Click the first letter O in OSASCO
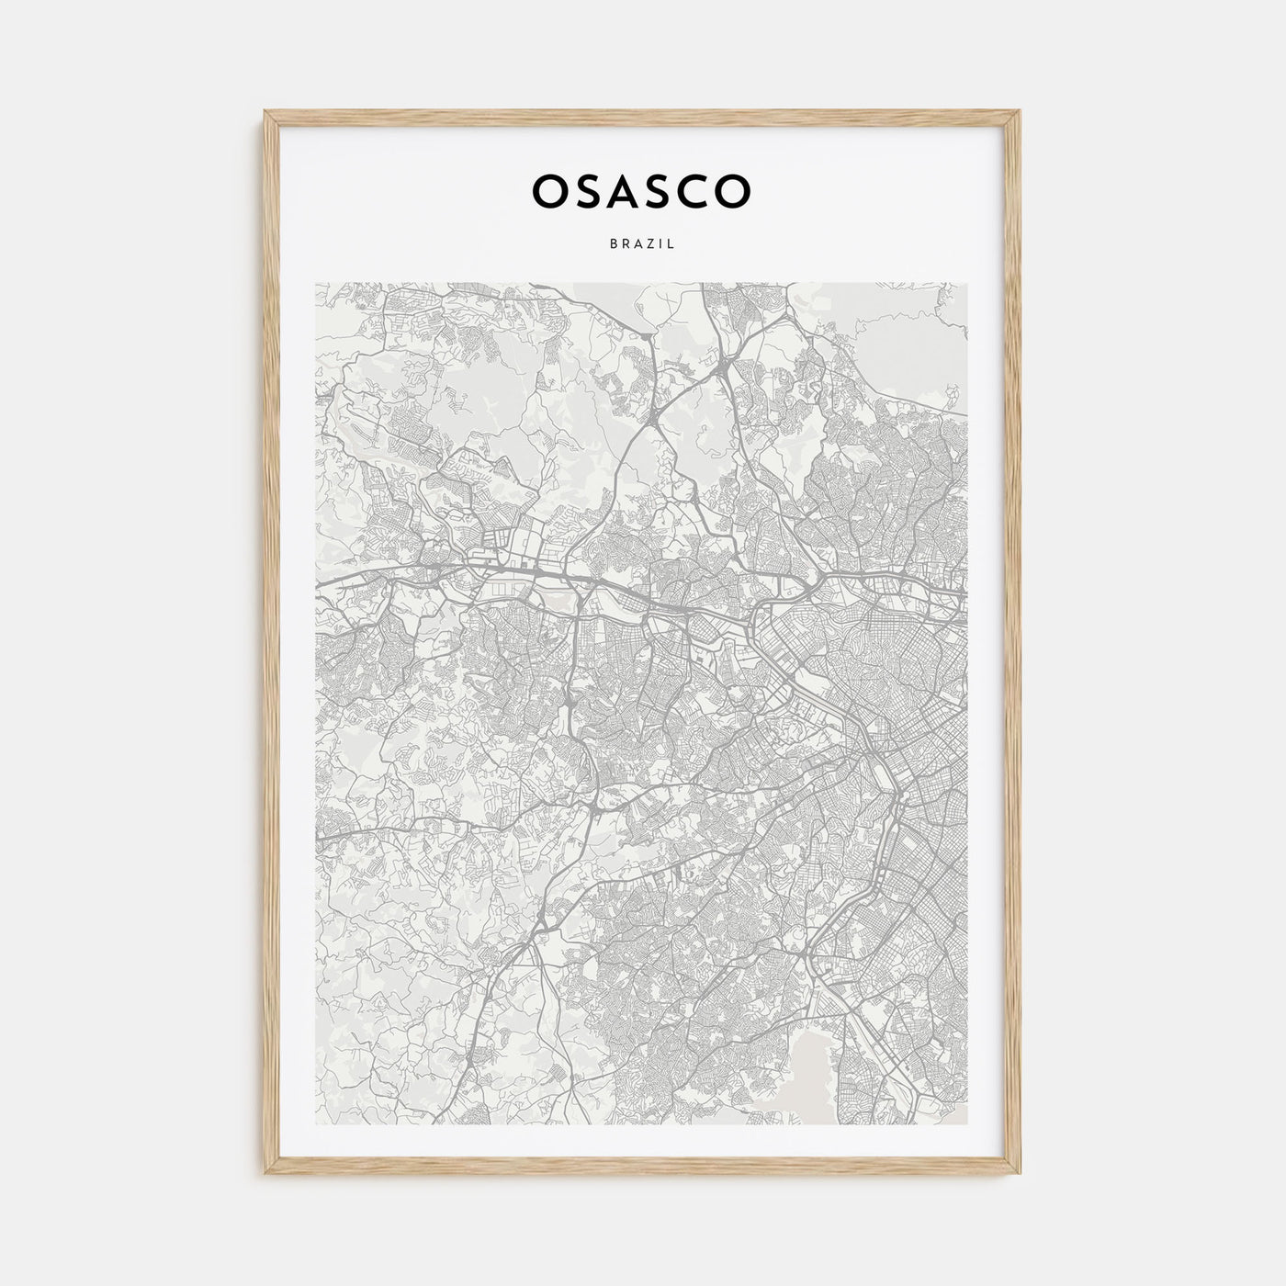tap(551, 190)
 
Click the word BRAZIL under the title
tap(642, 245)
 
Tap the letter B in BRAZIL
tap(612, 245)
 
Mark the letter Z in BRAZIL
tap(649, 245)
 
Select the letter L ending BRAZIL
tap(672, 245)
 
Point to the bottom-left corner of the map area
tap(316, 1124)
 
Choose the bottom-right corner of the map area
tap(967, 1124)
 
